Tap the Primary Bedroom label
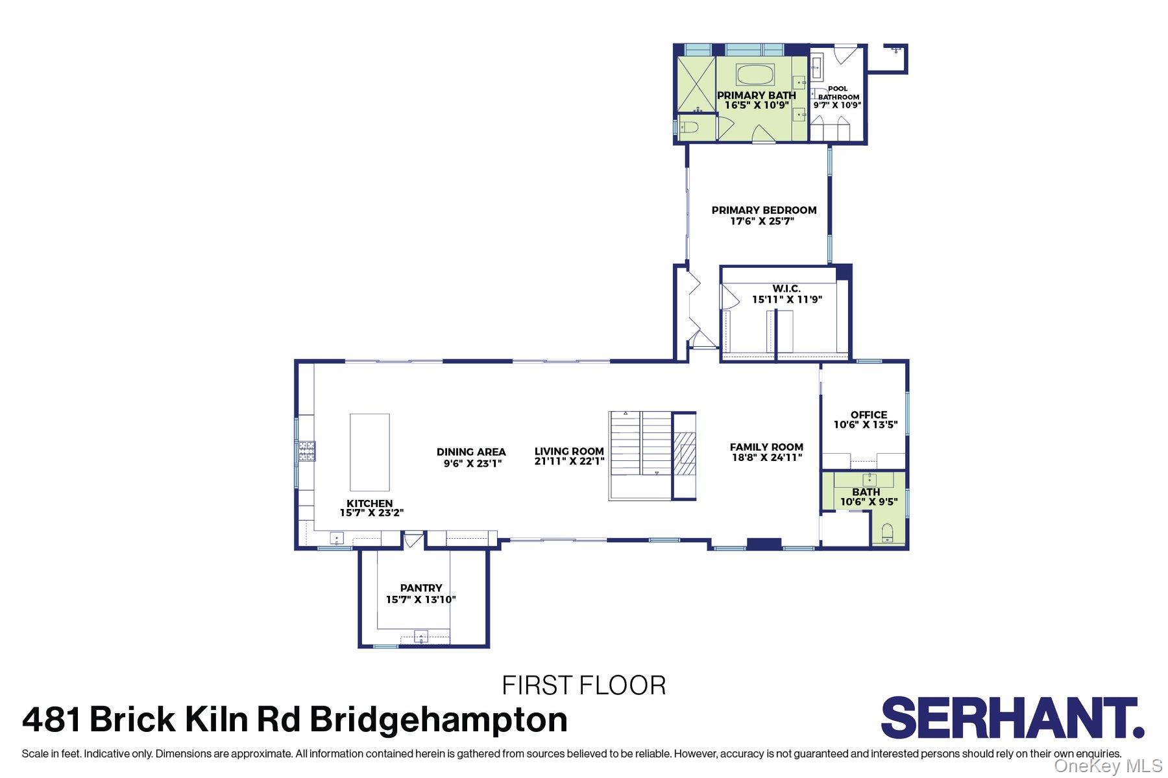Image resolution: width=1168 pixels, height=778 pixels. click(x=764, y=210)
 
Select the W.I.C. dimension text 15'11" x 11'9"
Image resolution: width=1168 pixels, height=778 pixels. click(x=787, y=300)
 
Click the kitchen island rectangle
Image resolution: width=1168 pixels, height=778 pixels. click(x=370, y=452)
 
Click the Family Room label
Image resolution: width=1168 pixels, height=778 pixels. click(x=766, y=447)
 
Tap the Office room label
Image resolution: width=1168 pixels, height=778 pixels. click(x=868, y=415)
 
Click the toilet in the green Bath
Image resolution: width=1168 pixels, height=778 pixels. click(x=888, y=533)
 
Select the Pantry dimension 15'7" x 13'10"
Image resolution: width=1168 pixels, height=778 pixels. click(x=421, y=600)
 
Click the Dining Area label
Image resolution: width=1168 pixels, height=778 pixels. click(x=471, y=452)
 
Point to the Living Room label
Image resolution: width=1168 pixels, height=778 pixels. click(x=569, y=451)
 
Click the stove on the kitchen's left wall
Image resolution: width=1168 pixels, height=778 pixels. click(x=307, y=451)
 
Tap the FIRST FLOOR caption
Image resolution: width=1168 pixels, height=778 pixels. click(x=584, y=685)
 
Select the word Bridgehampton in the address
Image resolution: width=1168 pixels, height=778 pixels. click(x=439, y=720)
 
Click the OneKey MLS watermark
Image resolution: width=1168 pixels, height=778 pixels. click(x=1108, y=766)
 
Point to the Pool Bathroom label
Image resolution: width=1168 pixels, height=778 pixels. click(x=838, y=93)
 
